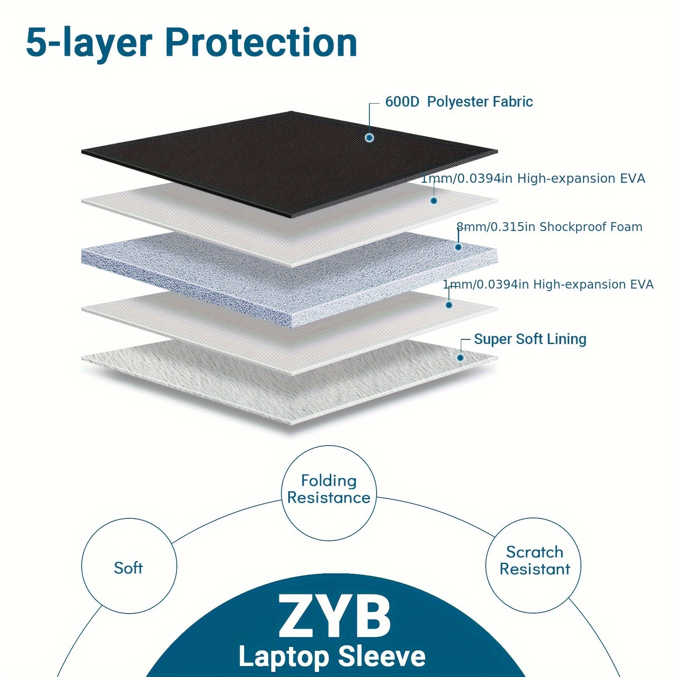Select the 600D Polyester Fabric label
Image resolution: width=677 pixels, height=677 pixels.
pos(459,102)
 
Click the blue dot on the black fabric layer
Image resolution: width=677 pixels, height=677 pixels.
pos(370,138)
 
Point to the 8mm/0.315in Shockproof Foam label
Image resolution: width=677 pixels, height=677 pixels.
pos(549,227)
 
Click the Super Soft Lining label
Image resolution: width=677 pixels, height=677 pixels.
pos(530,339)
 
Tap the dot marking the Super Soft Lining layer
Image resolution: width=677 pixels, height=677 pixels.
pos(460,358)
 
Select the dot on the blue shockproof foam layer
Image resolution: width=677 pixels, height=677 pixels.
pos(458,247)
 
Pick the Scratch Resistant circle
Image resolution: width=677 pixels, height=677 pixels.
pos(534,561)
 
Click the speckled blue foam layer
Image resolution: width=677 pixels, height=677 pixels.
pos(212,275)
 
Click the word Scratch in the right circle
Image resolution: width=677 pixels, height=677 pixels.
pos(534,552)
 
